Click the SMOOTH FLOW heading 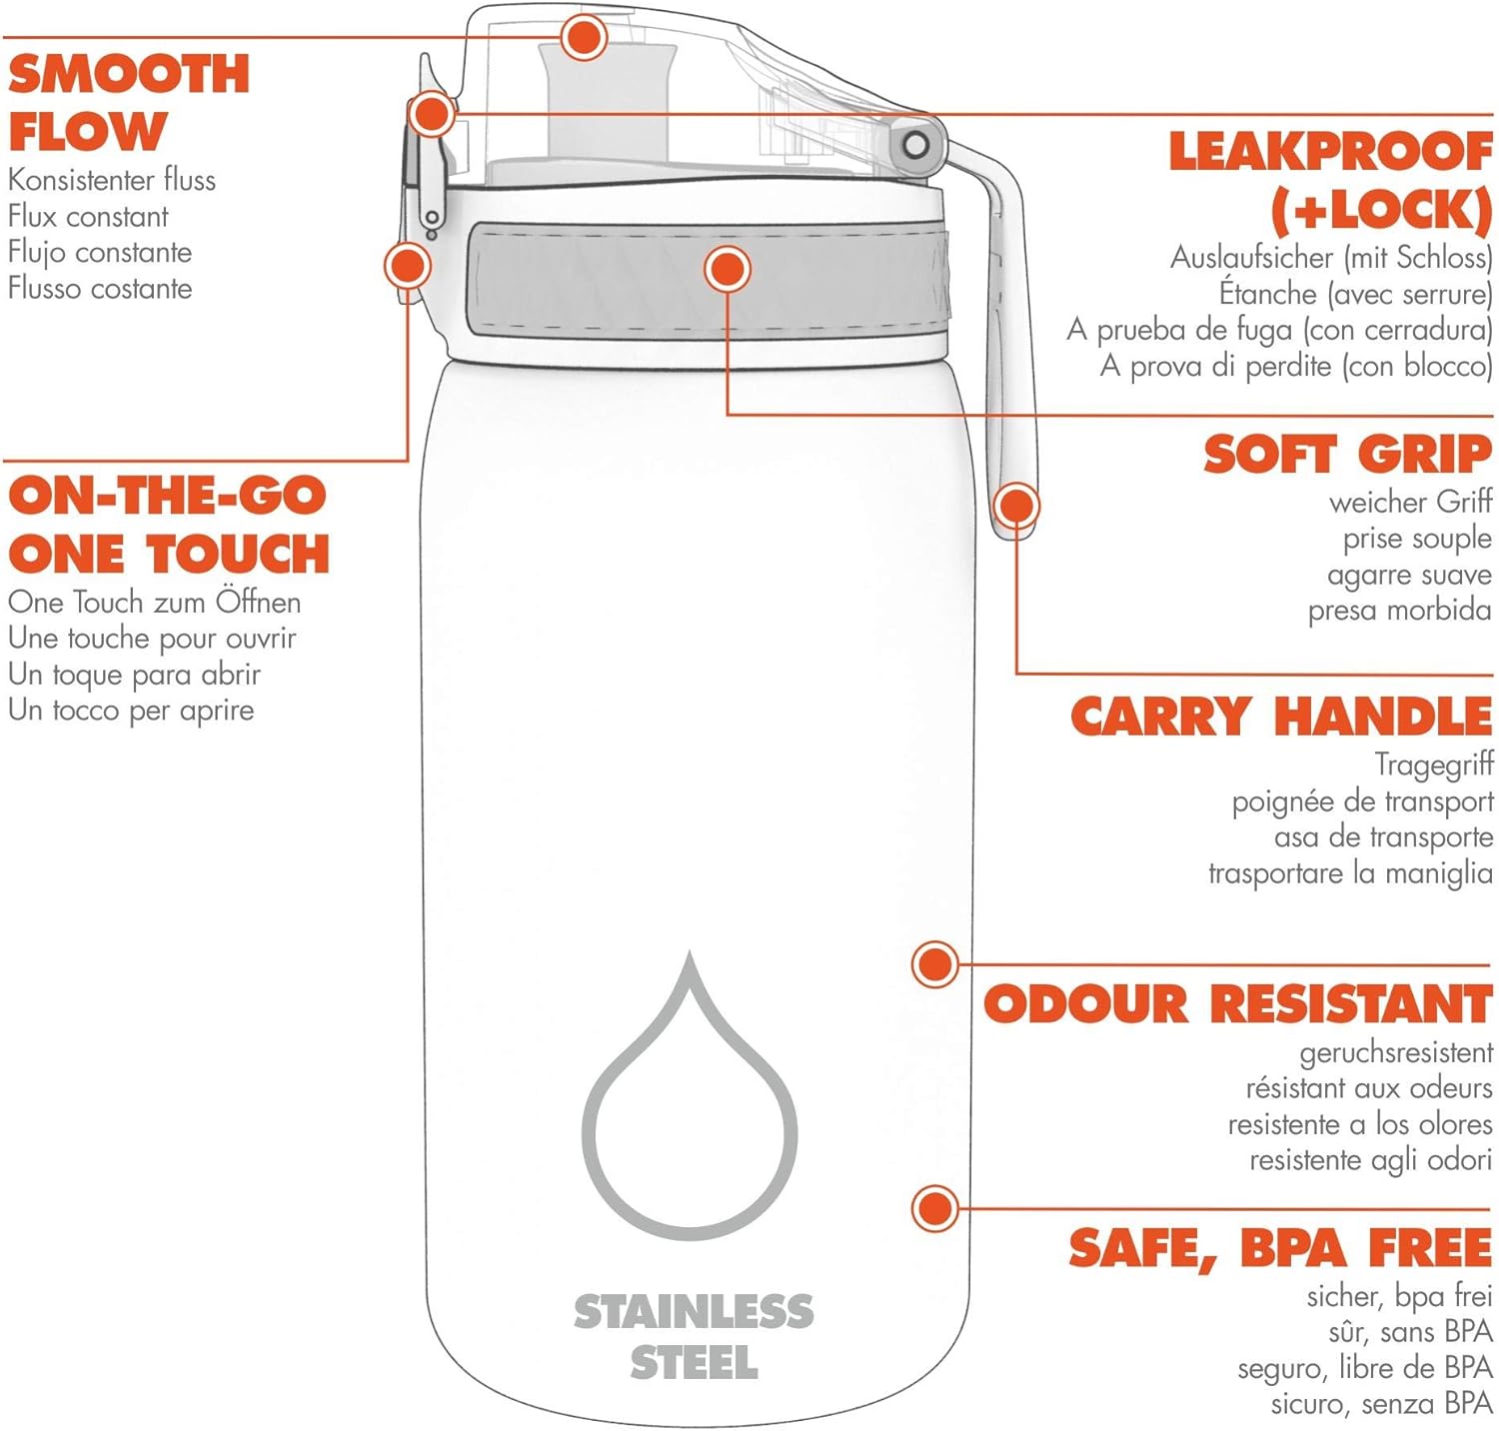129,103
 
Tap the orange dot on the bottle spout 584,38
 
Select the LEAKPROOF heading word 1331,152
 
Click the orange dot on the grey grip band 728,269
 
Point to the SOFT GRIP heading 1348,455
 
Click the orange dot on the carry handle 1016,506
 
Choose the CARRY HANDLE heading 1282,716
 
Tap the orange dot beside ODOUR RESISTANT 935,964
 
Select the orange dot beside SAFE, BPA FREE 935,1208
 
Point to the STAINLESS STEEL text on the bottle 694,1337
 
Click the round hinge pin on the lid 915,146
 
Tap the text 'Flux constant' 88,216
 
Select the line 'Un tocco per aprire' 131,711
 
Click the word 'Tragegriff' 1434,764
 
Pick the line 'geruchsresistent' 1396,1053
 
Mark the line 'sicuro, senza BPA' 1381,1404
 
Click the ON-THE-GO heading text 167,496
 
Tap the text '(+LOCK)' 1381,211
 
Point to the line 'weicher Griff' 1410,502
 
